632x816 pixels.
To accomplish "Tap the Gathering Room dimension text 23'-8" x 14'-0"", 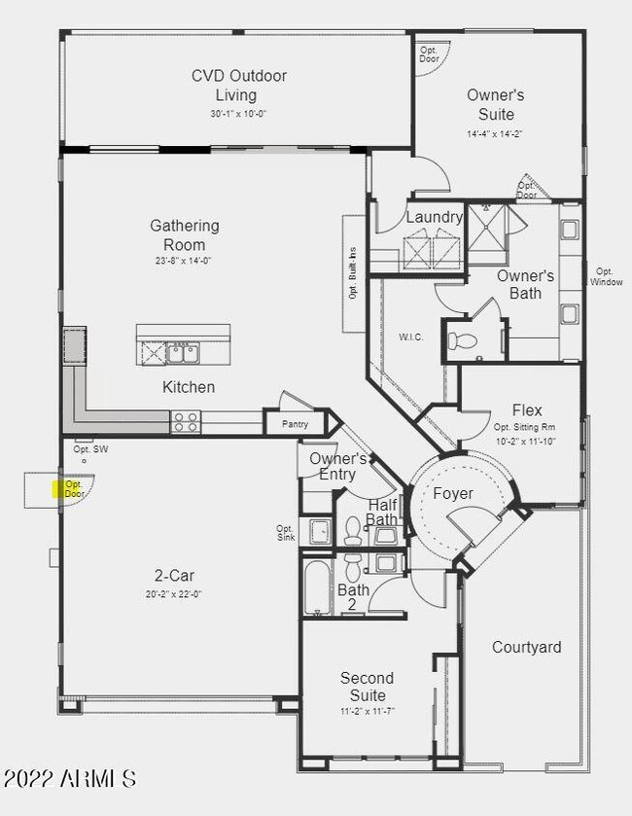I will point(184,261).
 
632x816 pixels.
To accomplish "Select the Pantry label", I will point(296,424).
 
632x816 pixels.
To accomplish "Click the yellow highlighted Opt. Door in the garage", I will point(73,488).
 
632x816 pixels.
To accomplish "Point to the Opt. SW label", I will point(90,449).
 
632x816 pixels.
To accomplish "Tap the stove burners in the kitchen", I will point(185,421).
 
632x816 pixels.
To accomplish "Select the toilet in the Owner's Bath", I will point(462,340).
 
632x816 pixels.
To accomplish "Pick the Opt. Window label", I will point(604,276).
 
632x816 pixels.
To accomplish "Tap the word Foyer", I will point(452,494).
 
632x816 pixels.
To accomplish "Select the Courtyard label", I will point(526,647).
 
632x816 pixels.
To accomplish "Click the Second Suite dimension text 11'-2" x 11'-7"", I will point(367,712).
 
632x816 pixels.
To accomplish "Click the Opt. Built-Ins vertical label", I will point(353,274).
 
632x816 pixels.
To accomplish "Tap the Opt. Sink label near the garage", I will point(285,532).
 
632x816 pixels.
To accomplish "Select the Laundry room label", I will point(434,217).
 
